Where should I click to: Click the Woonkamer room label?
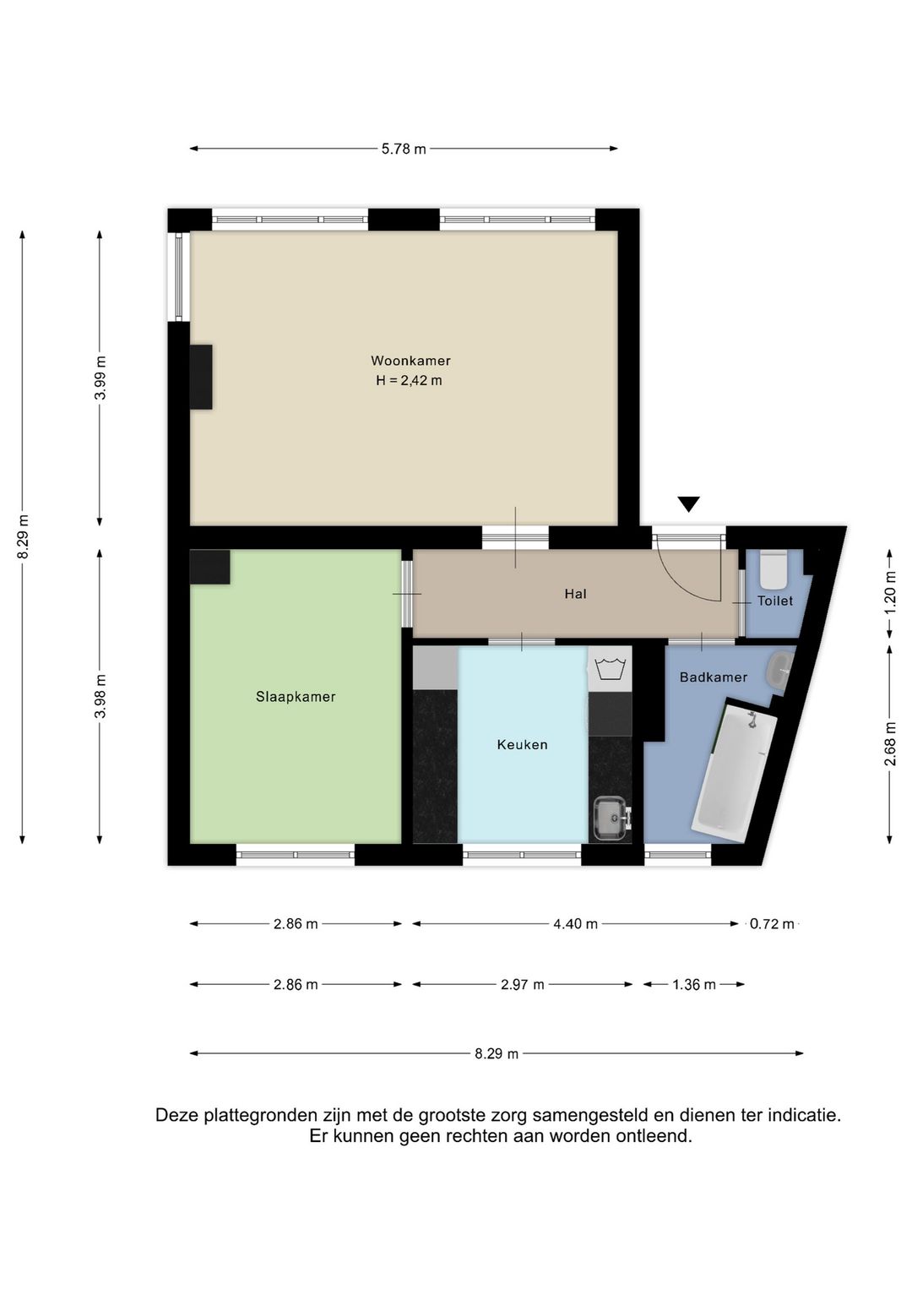410,361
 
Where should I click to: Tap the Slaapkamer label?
296,697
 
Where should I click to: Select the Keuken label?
523,745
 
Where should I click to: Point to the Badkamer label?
714,677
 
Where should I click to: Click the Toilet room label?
775,601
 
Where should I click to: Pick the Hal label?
575,594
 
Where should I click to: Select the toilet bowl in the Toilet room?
773,568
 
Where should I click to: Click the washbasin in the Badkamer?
779,670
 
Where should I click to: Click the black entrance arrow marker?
688,504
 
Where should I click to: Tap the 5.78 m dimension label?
404,149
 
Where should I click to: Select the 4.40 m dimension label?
575,924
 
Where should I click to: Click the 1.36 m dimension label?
694,985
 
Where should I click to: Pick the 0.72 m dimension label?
772,924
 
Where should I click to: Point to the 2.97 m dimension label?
523,985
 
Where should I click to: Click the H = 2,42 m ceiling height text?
409,380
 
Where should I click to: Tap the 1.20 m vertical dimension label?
891,593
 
